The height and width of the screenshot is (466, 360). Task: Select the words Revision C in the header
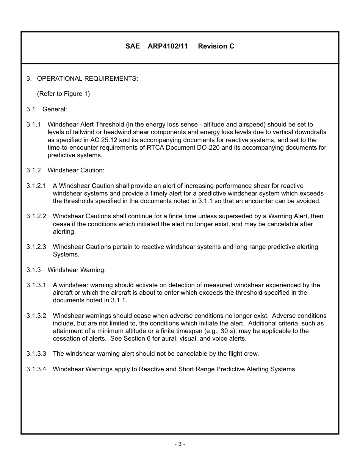[216, 46]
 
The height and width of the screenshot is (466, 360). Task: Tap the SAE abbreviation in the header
[133, 46]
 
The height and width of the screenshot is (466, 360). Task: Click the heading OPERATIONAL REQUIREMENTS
[87, 79]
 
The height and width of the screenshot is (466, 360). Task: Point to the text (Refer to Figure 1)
[63, 94]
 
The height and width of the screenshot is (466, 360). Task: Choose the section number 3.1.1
[33, 125]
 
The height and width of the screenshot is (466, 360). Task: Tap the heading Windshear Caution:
[76, 170]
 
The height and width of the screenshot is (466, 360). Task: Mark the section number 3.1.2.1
[36, 186]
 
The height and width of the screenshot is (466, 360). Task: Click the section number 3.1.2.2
[36, 216]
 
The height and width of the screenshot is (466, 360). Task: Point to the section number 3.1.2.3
[36, 247]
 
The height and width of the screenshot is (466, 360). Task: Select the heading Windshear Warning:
[77, 270]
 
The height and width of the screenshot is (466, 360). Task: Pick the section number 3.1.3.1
[36, 285]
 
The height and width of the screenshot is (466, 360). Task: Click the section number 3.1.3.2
[36, 316]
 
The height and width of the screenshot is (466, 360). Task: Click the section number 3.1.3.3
[36, 354]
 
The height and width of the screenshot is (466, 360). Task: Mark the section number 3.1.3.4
[36, 369]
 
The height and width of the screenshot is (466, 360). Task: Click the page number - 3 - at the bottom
[180, 444]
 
